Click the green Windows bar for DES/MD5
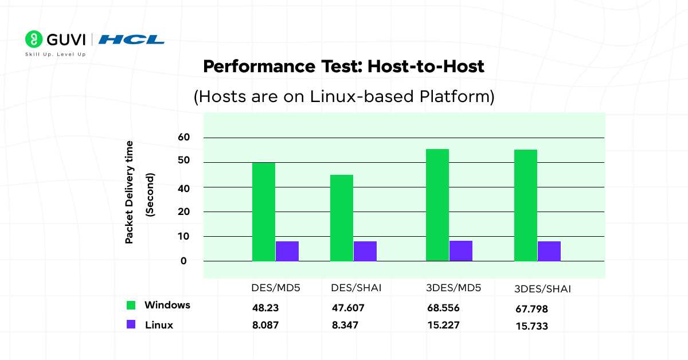(264, 212)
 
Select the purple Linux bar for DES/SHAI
(365, 251)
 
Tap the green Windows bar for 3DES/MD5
(437, 205)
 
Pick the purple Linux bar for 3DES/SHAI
(549, 251)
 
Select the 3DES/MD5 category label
(454, 288)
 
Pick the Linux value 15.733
(532, 326)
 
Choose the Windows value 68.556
(443, 308)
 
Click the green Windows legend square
(131, 306)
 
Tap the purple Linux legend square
(131, 324)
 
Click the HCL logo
(131, 40)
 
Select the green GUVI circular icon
(34, 39)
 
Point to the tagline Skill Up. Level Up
(55, 54)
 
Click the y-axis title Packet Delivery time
(130, 192)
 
